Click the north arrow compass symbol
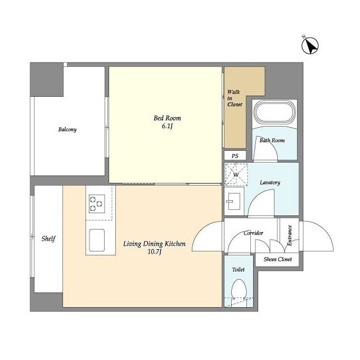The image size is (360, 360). tap(310, 46)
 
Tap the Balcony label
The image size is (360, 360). tap(67, 129)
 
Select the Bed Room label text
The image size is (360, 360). tap(167, 118)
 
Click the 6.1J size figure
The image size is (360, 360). tap(167, 126)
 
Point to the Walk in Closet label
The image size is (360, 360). tap(235, 98)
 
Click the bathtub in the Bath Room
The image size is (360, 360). tap(274, 112)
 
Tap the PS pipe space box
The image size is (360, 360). tap(235, 156)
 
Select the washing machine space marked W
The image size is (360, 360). tap(236, 174)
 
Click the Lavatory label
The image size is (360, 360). tap(270, 182)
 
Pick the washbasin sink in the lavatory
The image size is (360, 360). tap(234, 201)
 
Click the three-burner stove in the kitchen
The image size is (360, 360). tap(97, 204)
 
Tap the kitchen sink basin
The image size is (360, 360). tap(97, 240)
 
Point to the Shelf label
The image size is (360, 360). tap(48, 238)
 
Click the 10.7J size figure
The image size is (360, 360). tap(155, 252)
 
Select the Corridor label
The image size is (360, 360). tap(253, 233)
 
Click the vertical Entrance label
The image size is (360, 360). tap(290, 236)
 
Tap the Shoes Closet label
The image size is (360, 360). tap(277, 259)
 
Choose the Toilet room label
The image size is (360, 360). tap(238, 269)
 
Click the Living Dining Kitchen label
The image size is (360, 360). tap(154, 244)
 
